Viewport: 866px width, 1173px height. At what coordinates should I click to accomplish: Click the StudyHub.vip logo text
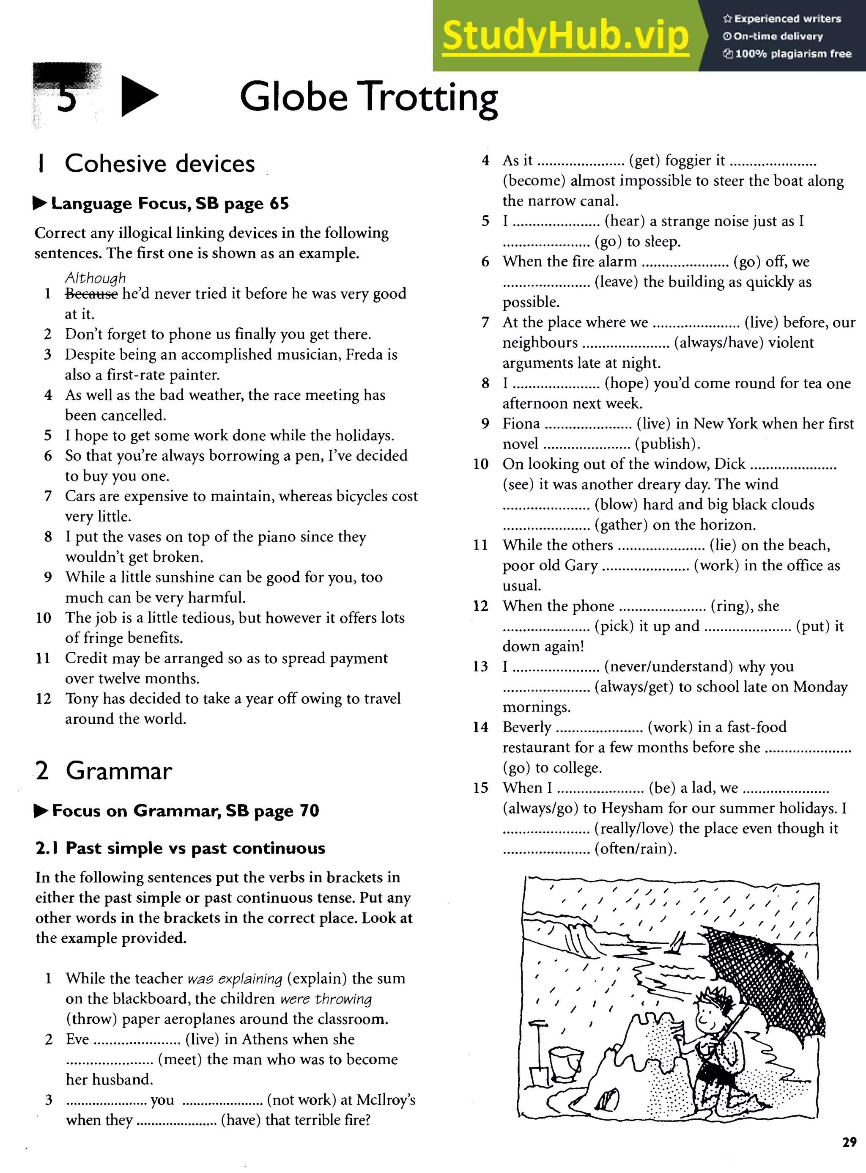pos(565,36)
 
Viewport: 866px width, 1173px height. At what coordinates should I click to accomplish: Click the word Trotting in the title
pos(430,98)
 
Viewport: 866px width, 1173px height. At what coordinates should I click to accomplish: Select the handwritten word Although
pos(96,277)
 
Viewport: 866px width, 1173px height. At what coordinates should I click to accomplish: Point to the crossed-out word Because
pos(91,294)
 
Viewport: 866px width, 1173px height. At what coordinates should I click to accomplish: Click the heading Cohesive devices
pos(159,164)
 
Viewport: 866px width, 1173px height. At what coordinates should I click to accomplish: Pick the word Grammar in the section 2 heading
pos(119,771)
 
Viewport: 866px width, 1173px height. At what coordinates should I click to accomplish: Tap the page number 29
pos(849,1142)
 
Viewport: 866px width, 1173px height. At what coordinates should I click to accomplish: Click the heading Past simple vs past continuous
pos(180,848)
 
